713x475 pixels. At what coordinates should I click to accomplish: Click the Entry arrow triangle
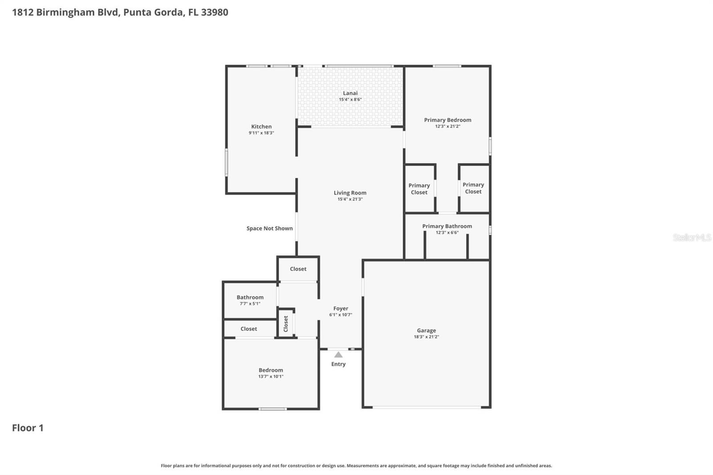point(338,355)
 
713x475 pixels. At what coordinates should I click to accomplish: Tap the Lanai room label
point(350,93)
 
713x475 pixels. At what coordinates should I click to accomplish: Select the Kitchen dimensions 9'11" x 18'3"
point(261,133)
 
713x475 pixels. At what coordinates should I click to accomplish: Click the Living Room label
point(350,193)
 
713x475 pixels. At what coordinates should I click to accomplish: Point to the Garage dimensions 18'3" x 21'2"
point(426,337)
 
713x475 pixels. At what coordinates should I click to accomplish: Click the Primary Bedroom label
point(447,120)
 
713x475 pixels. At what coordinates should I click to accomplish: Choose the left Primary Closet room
point(419,189)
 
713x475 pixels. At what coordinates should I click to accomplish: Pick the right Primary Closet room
point(473,188)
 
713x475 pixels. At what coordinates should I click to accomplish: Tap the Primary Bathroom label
point(447,226)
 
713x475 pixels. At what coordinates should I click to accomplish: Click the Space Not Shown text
point(270,228)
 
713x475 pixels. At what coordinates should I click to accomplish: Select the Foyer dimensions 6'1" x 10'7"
point(340,315)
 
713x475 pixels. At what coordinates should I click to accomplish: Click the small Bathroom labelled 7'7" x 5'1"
point(250,300)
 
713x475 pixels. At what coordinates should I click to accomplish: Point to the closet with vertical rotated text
point(286,323)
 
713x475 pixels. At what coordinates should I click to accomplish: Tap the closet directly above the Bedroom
point(249,329)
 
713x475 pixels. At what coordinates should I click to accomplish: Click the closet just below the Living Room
point(298,269)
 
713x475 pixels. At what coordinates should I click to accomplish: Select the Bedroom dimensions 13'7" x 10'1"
point(270,377)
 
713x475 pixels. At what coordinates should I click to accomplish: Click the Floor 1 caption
point(28,428)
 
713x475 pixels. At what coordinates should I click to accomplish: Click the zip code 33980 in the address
point(214,12)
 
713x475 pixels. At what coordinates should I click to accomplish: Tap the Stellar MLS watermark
point(692,237)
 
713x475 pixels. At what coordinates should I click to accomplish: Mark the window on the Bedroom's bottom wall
point(273,409)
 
